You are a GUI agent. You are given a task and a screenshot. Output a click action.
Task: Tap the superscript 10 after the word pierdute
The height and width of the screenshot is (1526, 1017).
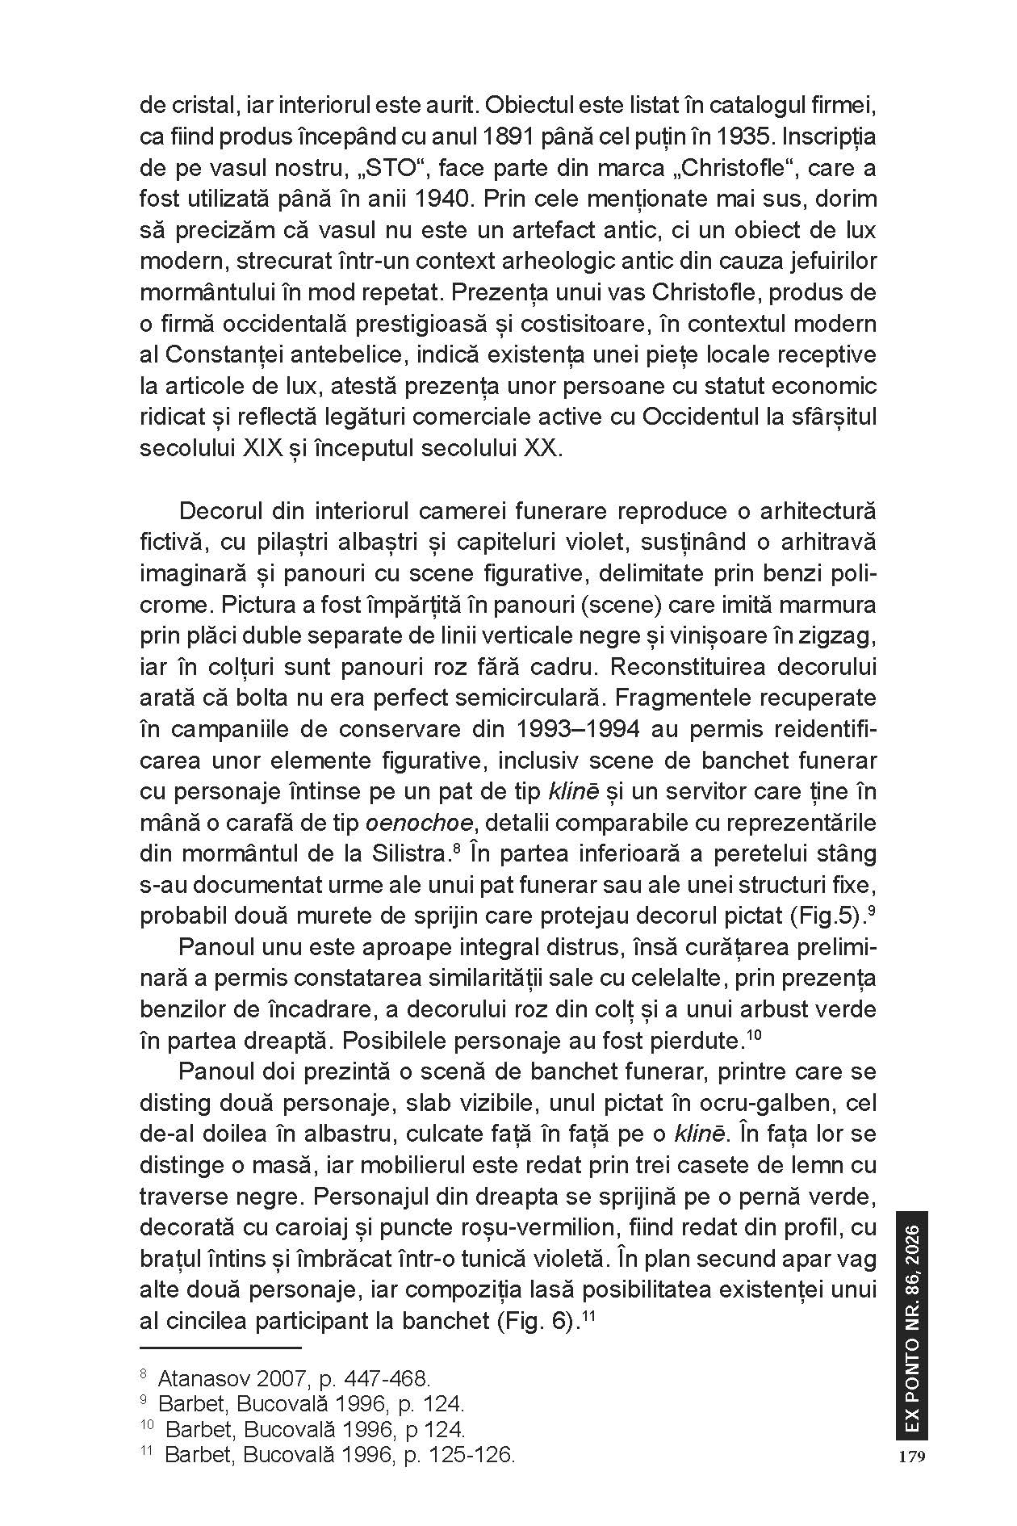pyautogui.click(x=754, y=1035)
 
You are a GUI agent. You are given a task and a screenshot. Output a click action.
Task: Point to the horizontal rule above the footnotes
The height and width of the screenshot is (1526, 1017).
pyautogui.click(x=220, y=1348)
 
